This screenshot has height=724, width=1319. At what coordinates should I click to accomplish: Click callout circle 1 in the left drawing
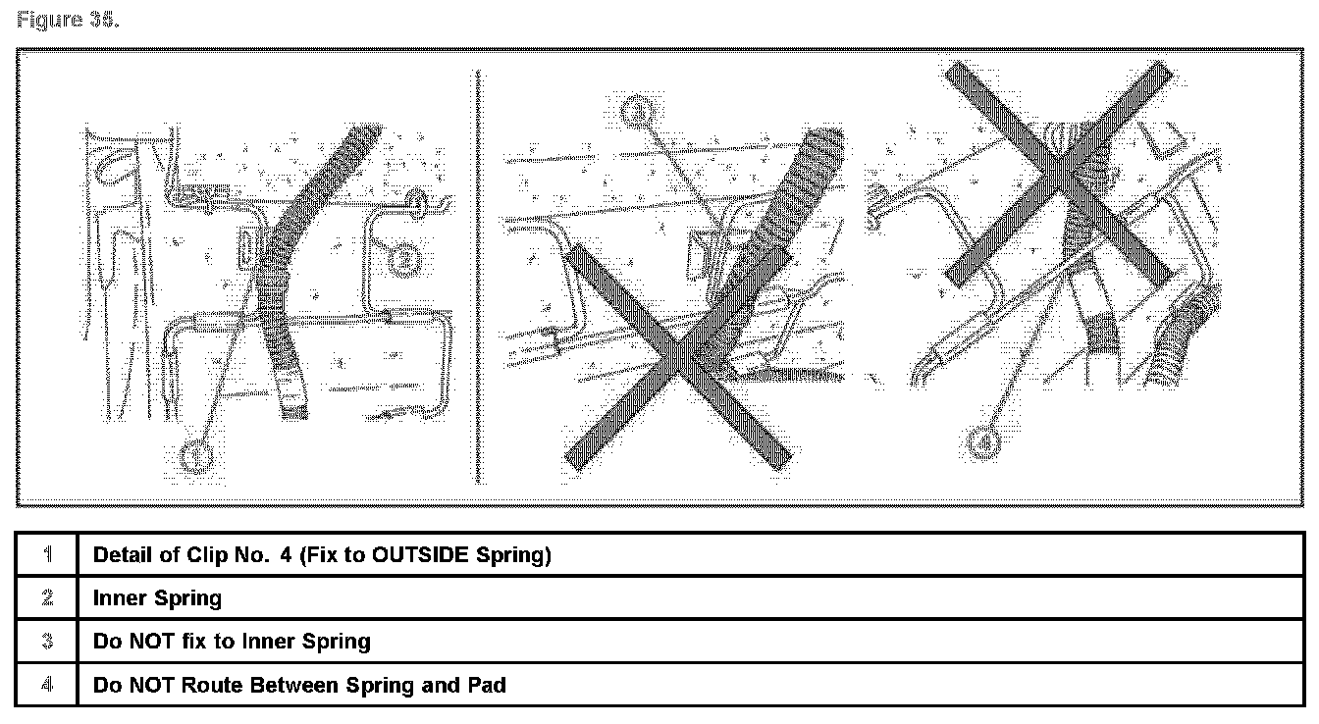pyautogui.click(x=197, y=454)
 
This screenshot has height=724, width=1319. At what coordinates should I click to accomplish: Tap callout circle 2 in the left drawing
pyautogui.click(x=405, y=259)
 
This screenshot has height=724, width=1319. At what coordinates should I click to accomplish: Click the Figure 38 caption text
pyautogui.click(x=67, y=21)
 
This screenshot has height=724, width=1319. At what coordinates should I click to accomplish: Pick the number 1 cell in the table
pyautogui.click(x=47, y=555)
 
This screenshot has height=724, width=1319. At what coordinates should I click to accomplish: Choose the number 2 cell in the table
pyautogui.click(x=47, y=598)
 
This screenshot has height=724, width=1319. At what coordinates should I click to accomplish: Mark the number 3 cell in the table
pyautogui.click(x=47, y=642)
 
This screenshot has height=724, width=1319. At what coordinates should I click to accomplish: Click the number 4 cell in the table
pyautogui.click(x=47, y=685)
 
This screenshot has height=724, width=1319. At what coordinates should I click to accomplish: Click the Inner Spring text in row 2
pyautogui.click(x=157, y=598)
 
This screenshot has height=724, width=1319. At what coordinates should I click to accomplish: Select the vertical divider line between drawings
pyautogui.click(x=478, y=275)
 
